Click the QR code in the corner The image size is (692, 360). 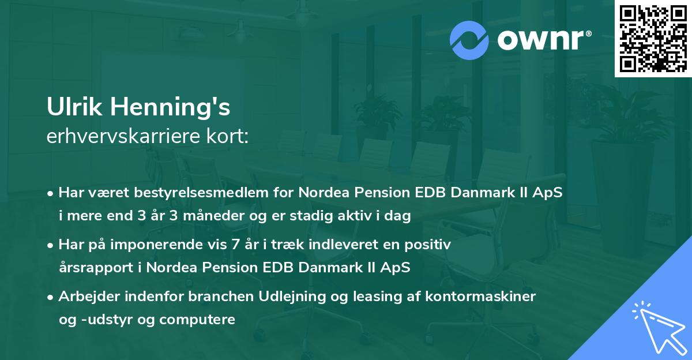pos(653,38)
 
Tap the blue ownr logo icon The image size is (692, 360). pos(469,40)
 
